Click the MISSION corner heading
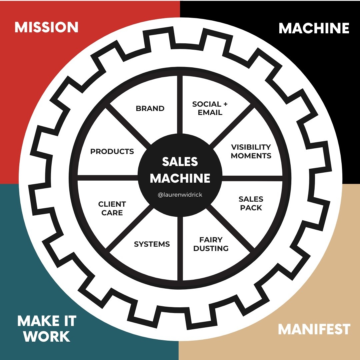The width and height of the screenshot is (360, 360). tap(46, 27)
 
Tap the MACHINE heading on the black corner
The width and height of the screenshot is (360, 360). tap(314, 28)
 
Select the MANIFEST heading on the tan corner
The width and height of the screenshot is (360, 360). tap(314, 329)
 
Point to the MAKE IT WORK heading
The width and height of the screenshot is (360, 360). tap(47, 329)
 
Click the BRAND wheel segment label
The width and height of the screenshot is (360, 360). tap(150, 109)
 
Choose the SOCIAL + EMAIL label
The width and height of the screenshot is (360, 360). tap(210, 108)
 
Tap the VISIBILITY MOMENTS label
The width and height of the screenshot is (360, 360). tap(251, 151)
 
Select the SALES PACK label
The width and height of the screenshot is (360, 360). tap(251, 203)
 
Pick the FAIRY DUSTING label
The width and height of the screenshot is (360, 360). tap(211, 244)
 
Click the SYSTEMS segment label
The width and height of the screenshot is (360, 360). tap(152, 244)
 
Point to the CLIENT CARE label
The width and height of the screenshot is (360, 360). tap(112, 208)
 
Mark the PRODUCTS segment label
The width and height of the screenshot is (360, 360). tap(112, 151)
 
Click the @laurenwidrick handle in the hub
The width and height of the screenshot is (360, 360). tap(180, 195)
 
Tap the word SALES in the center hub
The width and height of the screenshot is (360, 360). tap(180, 162)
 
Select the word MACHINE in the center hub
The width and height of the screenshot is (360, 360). tap(180, 178)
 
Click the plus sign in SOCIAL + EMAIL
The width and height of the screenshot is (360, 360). tap(225, 104)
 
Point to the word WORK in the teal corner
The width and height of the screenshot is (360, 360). tap(47, 337)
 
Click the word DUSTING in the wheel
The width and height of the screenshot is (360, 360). tap(211, 249)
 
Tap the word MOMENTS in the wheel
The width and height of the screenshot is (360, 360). tap(251, 156)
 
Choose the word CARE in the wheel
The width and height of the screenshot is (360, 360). tap(112, 213)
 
